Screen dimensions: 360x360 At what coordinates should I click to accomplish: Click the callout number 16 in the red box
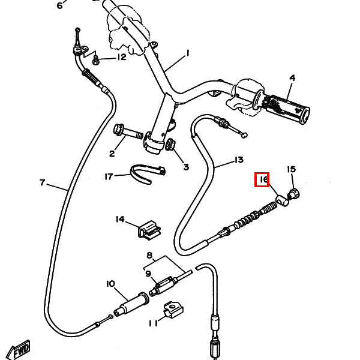262,179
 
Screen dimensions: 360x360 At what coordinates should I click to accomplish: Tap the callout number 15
291,170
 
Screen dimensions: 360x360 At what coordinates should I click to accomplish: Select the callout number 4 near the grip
292,78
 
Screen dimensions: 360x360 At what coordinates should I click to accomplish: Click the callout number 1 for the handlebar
187,53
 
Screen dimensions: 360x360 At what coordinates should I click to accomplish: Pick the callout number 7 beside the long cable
42,182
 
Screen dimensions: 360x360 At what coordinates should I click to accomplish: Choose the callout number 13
238,160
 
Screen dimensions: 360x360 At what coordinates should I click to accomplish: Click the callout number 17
109,176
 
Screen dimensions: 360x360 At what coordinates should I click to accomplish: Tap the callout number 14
121,220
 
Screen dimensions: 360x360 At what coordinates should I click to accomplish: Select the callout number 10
110,283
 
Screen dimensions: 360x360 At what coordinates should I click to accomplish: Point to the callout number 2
112,154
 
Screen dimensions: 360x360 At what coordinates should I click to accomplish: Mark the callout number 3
185,167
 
